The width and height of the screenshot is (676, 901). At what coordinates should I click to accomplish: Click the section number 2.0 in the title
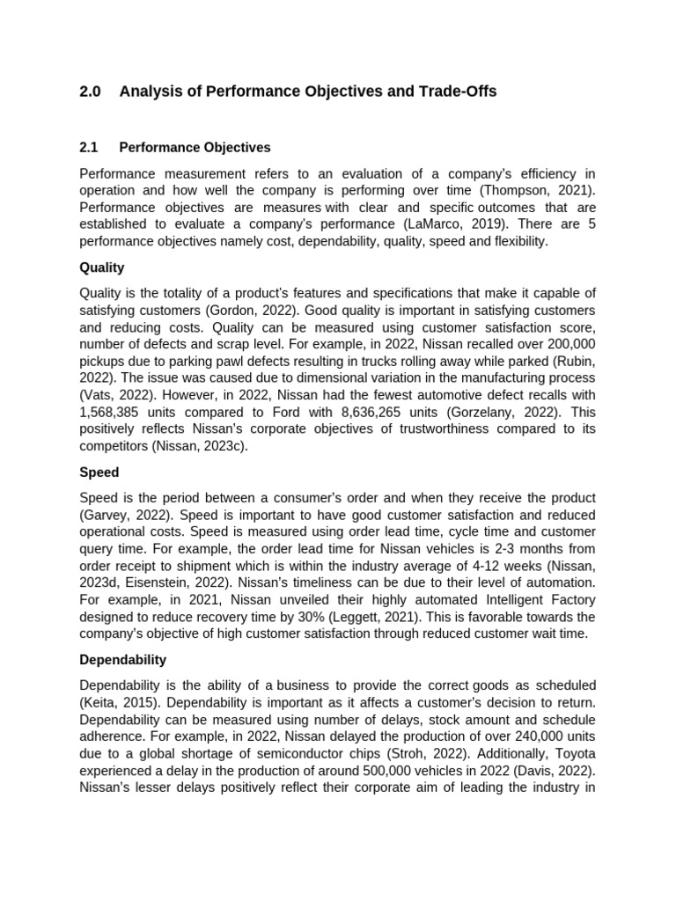(90, 92)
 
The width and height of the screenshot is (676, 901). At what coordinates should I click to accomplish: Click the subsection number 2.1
(89, 147)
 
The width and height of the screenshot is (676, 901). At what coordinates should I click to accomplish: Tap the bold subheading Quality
(102, 267)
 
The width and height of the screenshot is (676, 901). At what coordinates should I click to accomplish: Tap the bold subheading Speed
(99, 472)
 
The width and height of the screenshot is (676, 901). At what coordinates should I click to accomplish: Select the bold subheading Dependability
(122, 659)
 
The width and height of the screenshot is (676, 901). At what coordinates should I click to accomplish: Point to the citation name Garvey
(107, 515)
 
